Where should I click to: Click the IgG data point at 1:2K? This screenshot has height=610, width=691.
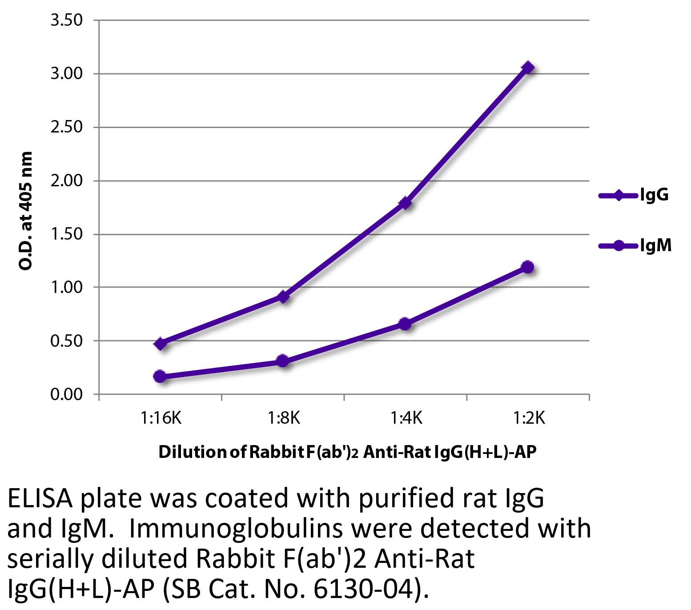[528, 68]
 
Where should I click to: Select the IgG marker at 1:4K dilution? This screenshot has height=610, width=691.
[405, 203]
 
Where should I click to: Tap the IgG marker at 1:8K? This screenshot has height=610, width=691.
[283, 297]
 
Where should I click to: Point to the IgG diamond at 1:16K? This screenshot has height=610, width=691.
[161, 344]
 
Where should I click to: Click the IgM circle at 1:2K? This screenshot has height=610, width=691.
[528, 267]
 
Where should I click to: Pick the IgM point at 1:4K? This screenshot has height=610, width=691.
[405, 324]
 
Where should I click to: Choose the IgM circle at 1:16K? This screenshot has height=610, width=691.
[160, 377]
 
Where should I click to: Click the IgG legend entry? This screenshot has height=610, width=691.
[634, 195]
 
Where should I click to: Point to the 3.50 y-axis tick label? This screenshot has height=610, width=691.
[67, 20]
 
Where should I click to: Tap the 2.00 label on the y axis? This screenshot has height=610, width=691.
[67, 181]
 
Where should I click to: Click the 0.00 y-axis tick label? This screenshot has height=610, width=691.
[67, 394]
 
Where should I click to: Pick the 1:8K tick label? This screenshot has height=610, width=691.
[283, 418]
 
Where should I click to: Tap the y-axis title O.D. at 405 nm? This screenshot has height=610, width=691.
[26, 211]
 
